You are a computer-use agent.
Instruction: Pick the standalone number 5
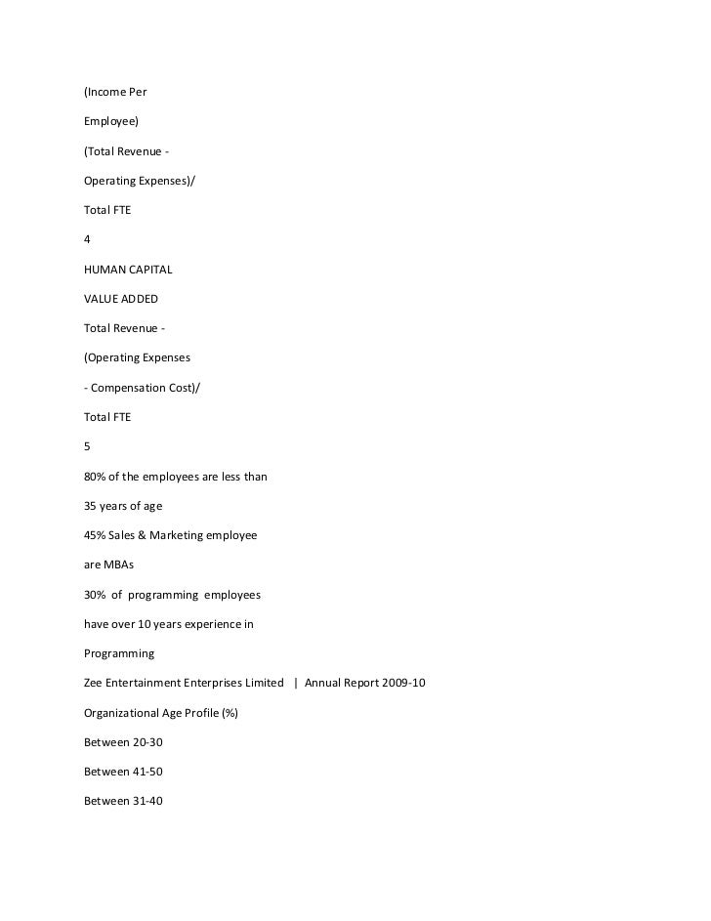click(x=88, y=446)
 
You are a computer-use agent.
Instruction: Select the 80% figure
click(x=97, y=477)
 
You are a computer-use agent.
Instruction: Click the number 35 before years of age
click(x=93, y=506)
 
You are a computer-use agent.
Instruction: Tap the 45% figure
click(x=97, y=535)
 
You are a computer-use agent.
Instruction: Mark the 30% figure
click(x=97, y=595)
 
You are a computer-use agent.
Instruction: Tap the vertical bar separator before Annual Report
click(x=296, y=683)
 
